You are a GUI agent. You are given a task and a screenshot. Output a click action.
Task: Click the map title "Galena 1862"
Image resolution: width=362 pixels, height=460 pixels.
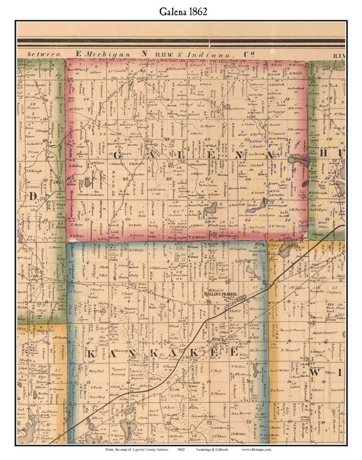tap(183, 11)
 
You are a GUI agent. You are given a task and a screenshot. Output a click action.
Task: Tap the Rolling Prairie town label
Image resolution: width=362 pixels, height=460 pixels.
tap(220, 294)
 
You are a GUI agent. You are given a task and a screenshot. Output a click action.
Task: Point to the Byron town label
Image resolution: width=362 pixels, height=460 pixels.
tap(218, 339)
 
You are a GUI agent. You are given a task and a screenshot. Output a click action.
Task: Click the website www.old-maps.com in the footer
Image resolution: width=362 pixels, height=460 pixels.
tap(256, 449)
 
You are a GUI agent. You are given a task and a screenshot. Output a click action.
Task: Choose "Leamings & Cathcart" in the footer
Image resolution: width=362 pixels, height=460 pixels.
tap(212, 449)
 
